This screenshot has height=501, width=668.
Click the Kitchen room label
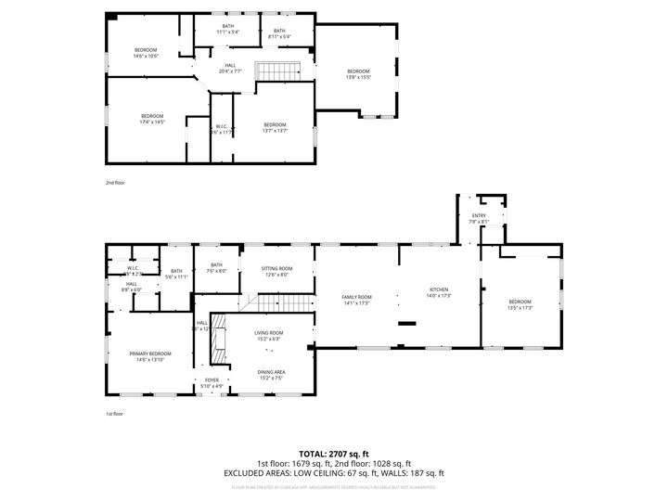438,292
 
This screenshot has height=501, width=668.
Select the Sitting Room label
276,271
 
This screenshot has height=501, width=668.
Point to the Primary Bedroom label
149,356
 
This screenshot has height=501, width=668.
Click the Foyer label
212,383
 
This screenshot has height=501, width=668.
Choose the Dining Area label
271,375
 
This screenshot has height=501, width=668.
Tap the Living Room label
270,335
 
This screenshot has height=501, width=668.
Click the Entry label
479,218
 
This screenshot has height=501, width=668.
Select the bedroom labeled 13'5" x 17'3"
520,304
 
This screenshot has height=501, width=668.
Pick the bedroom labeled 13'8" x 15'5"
358,74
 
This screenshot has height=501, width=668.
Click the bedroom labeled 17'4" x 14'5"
152,119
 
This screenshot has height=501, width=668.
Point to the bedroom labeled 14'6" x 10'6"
146,53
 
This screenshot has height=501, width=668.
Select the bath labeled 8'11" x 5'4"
279,33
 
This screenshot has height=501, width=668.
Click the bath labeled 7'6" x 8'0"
216,268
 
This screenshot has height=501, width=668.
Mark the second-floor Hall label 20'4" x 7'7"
230,68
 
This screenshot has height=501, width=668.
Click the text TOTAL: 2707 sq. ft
334,455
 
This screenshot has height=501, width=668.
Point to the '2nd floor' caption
115,183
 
